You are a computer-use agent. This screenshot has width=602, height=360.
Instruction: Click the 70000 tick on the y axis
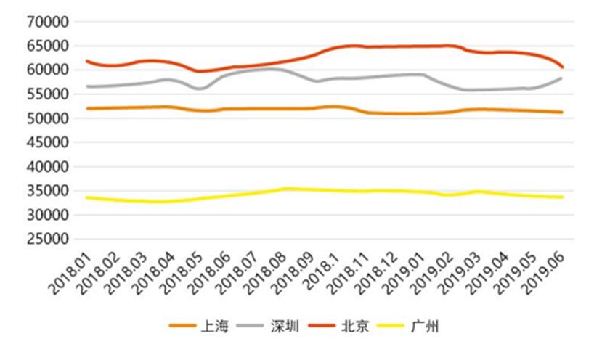point(47,22)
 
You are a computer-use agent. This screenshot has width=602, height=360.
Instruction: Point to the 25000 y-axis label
point(47,239)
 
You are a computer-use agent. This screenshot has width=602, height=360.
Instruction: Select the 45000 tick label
point(47,142)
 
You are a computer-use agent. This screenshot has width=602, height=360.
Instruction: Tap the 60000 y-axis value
point(47,70)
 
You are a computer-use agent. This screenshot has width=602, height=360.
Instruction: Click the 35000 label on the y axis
point(47,191)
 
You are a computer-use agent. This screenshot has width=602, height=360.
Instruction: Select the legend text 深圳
point(285,327)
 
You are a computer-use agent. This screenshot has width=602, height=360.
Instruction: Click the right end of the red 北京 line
point(563,67)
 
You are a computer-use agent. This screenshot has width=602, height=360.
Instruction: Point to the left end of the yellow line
point(86,197)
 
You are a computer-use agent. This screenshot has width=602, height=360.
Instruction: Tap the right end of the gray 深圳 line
point(563,78)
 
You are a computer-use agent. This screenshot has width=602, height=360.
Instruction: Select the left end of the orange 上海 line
point(86,108)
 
